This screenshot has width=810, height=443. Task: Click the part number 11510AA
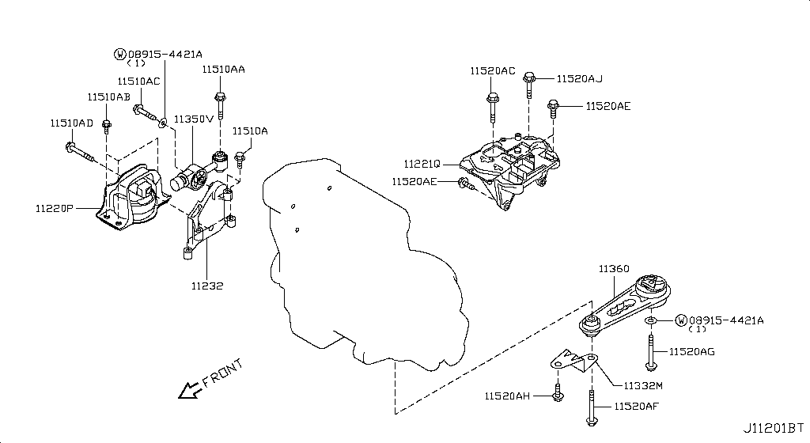click(222, 70)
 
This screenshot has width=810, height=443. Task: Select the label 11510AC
click(138, 81)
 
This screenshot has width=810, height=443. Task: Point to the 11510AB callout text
click(108, 97)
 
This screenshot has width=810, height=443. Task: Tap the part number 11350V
click(194, 119)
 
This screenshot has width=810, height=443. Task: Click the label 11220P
click(55, 210)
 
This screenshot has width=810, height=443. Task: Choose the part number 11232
click(207, 285)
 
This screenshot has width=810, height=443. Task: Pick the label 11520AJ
click(579, 78)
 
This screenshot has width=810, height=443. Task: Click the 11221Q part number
click(421, 165)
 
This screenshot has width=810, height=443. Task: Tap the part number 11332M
click(643, 385)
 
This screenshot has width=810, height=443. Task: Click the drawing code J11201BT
click(774, 428)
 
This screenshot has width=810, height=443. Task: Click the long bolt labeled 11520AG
click(649, 351)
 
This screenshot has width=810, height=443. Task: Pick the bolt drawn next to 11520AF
click(590, 407)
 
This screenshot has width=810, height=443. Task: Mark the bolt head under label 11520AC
click(493, 100)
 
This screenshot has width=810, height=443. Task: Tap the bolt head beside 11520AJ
click(530, 78)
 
